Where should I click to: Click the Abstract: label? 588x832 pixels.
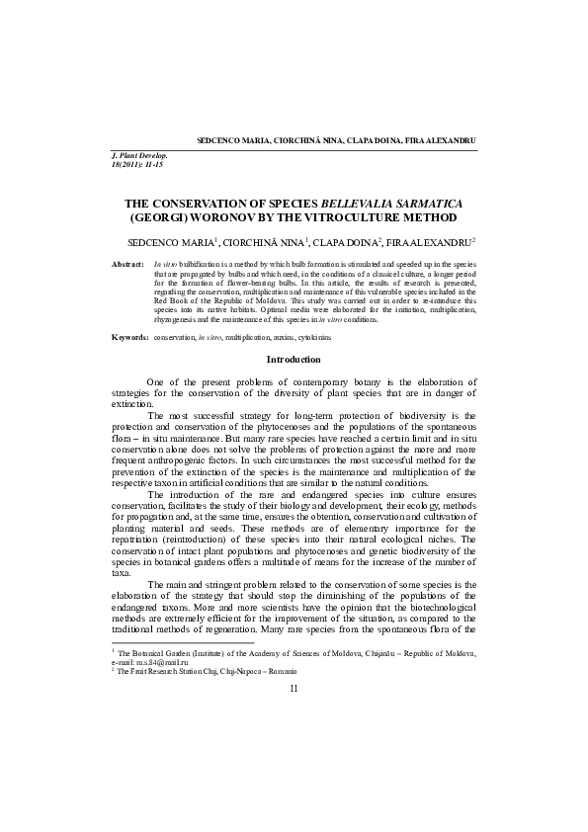(x=128, y=266)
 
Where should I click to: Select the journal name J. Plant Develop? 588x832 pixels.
(x=140, y=156)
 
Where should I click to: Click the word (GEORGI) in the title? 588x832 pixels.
(x=163, y=215)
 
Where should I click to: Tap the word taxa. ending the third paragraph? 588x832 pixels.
(x=121, y=571)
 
